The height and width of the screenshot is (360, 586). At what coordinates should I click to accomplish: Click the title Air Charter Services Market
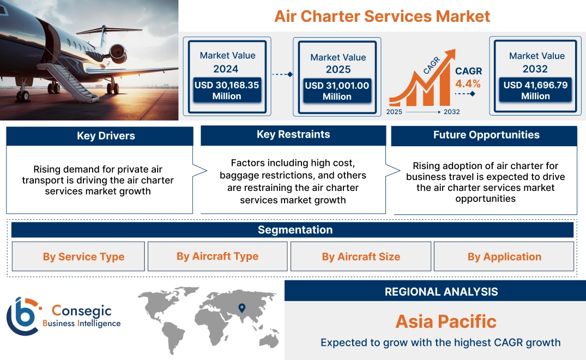coord(382,16)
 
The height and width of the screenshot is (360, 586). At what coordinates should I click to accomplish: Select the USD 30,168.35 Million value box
coord(226,91)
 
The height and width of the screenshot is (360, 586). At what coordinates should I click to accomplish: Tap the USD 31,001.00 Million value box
coord(337,91)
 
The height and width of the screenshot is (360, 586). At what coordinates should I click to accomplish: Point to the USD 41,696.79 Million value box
coord(535,91)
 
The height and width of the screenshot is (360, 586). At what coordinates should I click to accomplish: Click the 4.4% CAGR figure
coord(468,83)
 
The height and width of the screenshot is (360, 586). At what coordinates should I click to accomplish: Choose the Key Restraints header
coord(293,135)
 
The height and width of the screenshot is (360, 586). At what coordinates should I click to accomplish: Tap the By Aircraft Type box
coord(218,256)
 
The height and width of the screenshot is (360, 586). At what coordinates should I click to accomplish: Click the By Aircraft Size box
coord(361,257)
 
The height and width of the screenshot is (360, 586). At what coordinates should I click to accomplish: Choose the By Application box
coord(504,257)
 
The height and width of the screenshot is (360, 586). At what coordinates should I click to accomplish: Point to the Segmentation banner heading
coord(295,230)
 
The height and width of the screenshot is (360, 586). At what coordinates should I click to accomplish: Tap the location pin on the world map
coord(241,308)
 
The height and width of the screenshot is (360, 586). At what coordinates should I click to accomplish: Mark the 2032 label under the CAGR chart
coord(452,112)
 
